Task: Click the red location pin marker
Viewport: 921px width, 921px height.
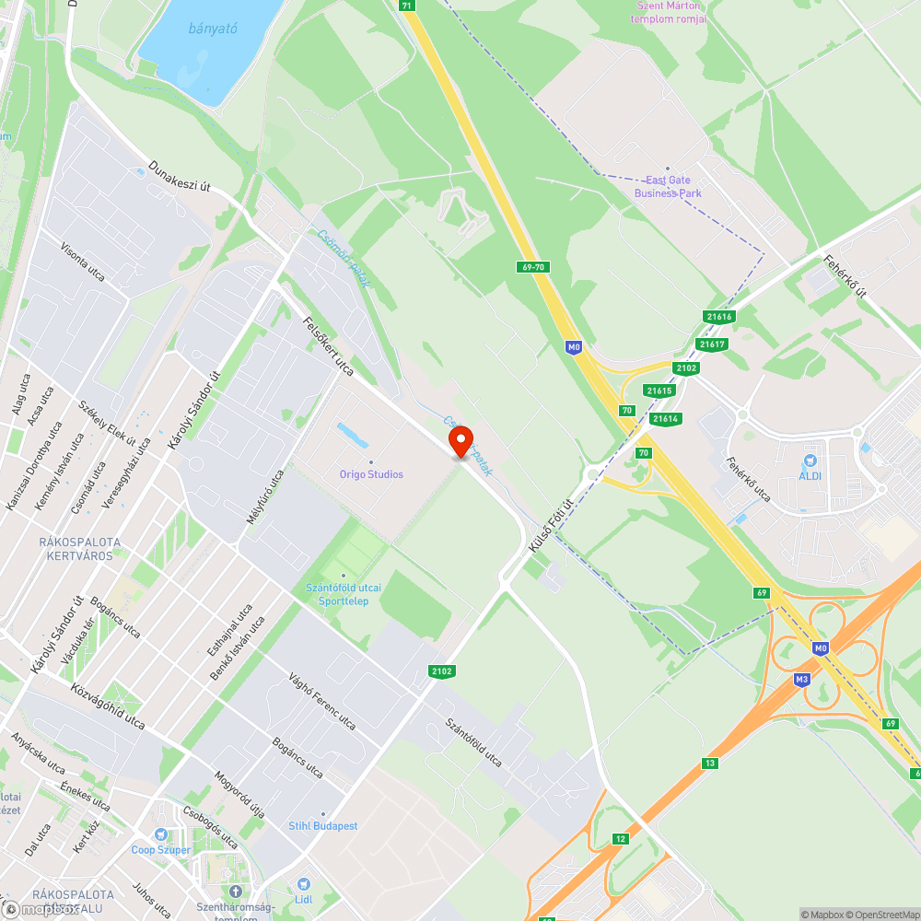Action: (460, 441)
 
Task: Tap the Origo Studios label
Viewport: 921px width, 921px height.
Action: (371, 474)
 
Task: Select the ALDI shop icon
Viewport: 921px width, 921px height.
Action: (810, 460)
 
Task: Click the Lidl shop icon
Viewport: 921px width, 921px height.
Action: (304, 884)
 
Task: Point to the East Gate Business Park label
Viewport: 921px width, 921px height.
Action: (669, 187)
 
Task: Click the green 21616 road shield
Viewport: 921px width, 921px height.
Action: (719, 317)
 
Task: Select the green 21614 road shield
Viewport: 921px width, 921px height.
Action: (666, 419)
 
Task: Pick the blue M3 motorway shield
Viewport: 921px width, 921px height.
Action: (801, 679)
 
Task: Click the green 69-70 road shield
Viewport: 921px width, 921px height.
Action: (533, 267)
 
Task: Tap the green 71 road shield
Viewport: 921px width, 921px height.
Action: (408, 6)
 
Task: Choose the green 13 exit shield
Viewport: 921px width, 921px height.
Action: (709, 763)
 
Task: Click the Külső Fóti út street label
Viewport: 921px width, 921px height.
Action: (551, 526)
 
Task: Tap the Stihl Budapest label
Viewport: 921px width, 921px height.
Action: (323, 826)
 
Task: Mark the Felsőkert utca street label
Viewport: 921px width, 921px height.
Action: (329, 346)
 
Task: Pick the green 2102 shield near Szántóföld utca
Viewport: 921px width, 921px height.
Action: (441, 671)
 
